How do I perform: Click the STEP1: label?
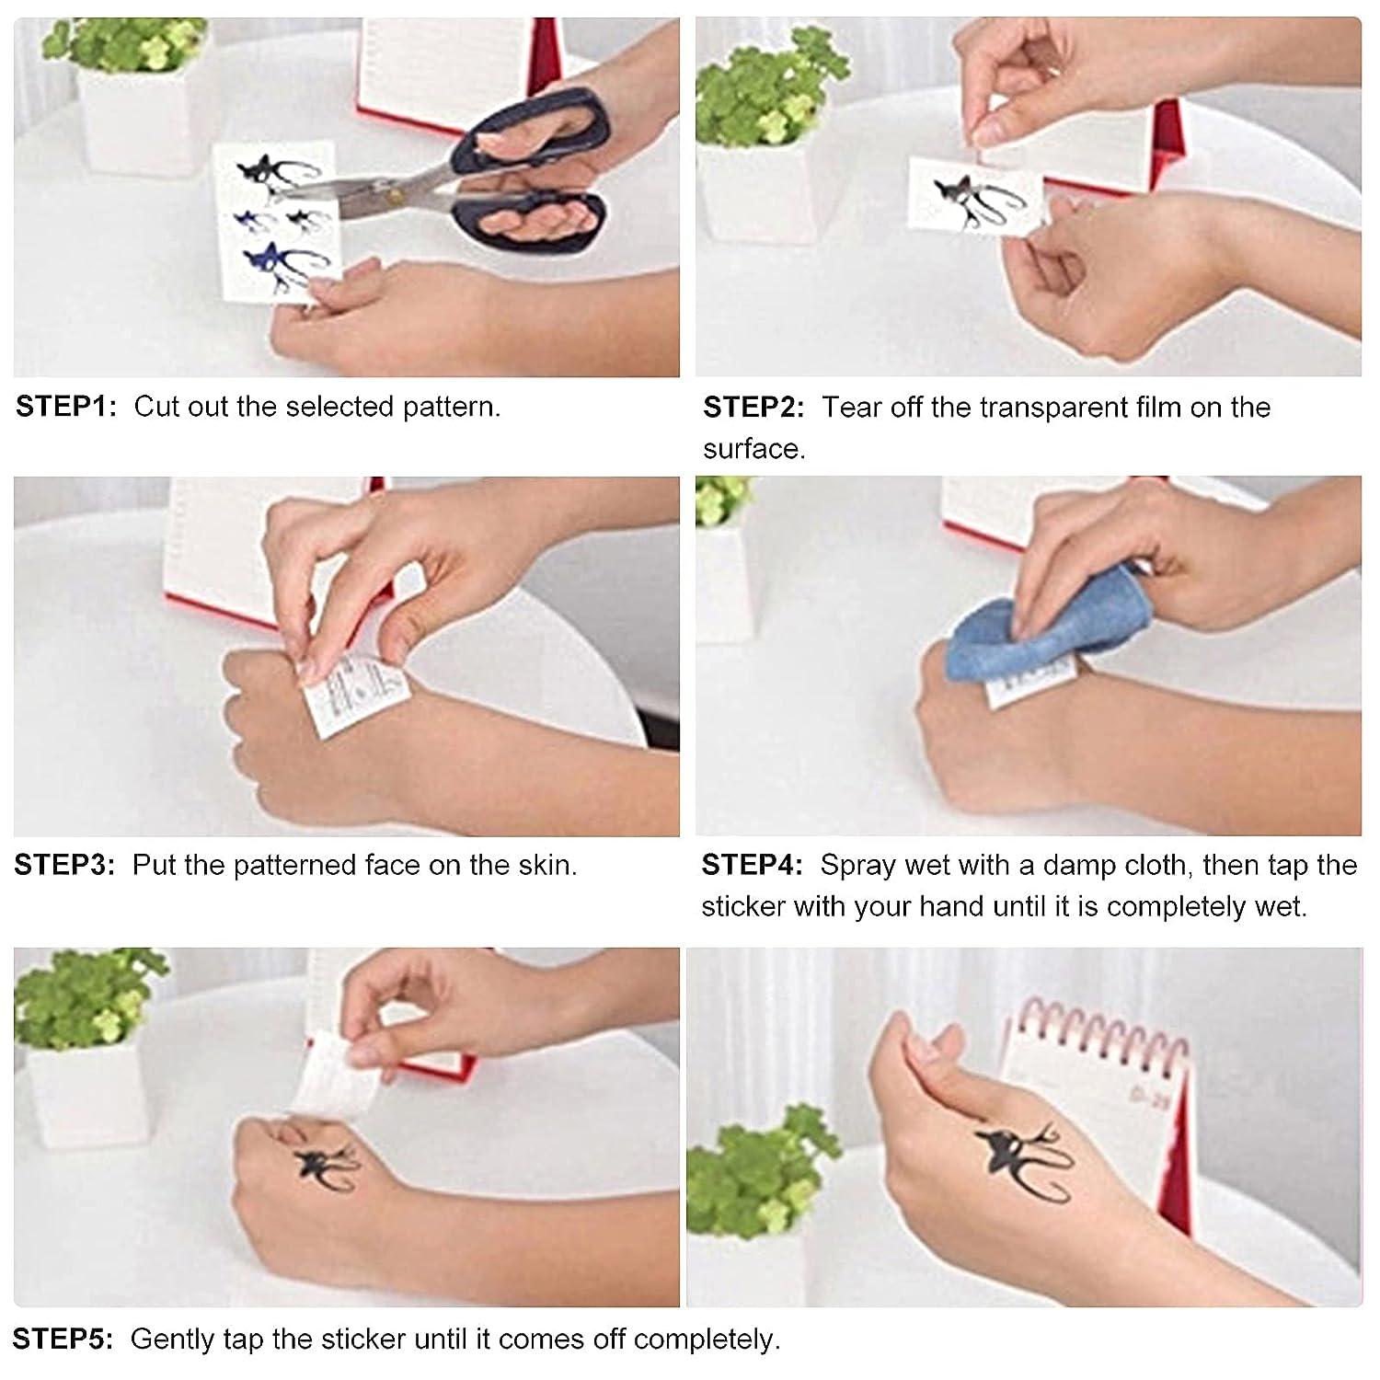[x=66, y=407]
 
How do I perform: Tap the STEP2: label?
[x=753, y=407]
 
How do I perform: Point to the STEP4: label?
[x=752, y=865]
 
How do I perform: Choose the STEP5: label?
[x=63, y=1339]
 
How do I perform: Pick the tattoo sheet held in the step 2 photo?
[x=975, y=198]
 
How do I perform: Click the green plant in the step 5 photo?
[x=83, y=998]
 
